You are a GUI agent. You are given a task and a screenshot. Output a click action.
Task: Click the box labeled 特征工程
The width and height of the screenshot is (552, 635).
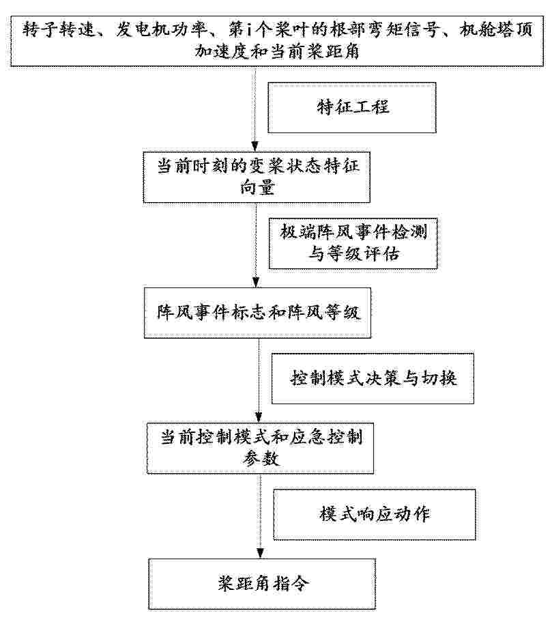click(x=351, y=108)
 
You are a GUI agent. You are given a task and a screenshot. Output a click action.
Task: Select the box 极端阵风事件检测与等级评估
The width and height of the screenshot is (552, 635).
click(x=353, y=243)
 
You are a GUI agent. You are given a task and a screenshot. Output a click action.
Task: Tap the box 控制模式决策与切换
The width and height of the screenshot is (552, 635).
click(x=373, y=379)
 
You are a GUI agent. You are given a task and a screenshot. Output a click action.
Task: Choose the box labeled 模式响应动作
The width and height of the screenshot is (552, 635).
click(x=375, y=514)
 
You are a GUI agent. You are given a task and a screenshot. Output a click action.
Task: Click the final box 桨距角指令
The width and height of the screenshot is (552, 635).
click(x=262, y=584)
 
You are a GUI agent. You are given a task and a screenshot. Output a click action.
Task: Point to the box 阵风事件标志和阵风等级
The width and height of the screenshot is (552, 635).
click(x=257, y=313)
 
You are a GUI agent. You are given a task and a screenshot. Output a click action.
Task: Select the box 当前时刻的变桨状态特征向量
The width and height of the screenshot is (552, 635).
click(x=257, y=177)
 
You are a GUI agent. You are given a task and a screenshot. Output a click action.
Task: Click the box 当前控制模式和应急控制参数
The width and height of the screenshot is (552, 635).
click(x=260, y=448)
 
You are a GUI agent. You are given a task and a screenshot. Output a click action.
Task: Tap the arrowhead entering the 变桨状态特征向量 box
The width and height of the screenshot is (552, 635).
click(x=255, y=147)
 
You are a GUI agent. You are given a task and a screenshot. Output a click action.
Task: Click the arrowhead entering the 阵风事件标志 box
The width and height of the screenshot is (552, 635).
click(x=256, y=282)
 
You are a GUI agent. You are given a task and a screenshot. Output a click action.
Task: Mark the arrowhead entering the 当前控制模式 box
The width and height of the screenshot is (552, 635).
click(x=259, y=417)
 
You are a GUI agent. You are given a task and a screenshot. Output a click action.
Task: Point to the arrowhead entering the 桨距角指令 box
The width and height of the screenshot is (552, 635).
click(x=260, y=553)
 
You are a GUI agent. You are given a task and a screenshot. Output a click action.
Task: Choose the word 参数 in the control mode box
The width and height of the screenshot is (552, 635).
click(x=261, y=459)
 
